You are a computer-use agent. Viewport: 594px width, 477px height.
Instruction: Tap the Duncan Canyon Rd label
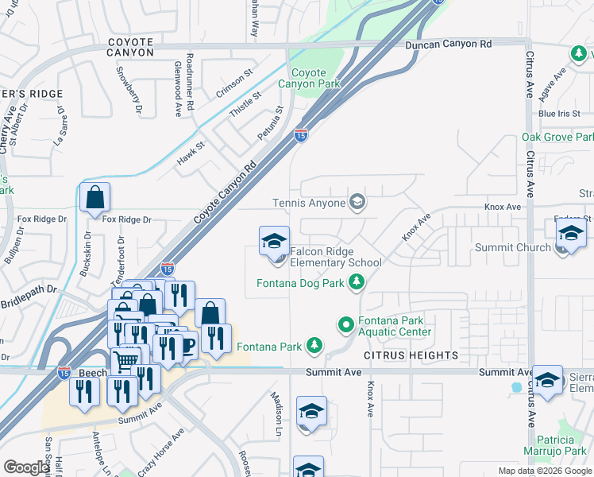(x=448, y=45)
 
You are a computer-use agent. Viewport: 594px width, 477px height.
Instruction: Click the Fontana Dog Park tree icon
(x=357, y=282)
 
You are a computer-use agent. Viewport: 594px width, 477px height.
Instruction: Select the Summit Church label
(x=512, y=247)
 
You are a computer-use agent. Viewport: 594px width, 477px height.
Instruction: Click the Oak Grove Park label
(x=557, y=138)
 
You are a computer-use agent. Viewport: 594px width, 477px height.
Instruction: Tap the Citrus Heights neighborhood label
(x=411, y=355)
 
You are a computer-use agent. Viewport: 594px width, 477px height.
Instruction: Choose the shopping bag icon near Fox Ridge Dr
(x=94, y=199)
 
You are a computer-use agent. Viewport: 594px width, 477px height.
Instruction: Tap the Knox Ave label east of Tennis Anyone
(x=503, y=207)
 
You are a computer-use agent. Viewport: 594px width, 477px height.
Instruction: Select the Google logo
(x=26, y=467)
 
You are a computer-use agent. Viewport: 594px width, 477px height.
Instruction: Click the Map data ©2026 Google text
(x=544, y=471)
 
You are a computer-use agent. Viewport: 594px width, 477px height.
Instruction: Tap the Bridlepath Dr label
(x=31, y=289)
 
